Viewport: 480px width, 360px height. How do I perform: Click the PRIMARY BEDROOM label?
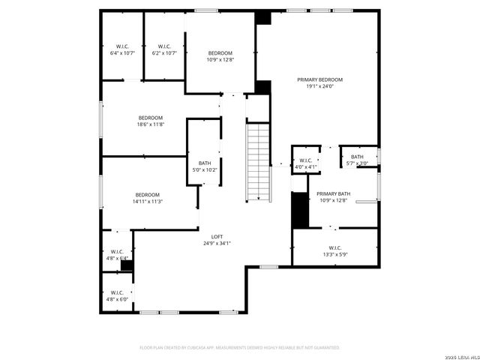[x=319, y=79]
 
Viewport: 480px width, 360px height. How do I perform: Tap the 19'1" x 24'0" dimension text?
[x=319, y=86]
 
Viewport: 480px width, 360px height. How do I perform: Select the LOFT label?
[x=217, y=237]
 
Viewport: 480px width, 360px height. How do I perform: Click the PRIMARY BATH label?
[x=334, y=193]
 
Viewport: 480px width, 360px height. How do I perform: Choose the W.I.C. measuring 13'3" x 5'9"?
[x=334, y=250]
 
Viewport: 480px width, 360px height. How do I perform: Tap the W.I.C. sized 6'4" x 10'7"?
[x=122, y=49]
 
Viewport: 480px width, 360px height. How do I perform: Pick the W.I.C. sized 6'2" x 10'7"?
[x=164, y=49]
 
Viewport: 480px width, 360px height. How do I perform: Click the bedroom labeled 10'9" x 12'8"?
[x=220, y=55]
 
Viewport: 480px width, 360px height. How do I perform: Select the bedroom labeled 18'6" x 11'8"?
[x=150, y=121]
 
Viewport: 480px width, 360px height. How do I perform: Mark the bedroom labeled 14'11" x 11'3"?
[x=148, y=198]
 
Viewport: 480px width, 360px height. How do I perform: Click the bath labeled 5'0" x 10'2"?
[x=205, y=166]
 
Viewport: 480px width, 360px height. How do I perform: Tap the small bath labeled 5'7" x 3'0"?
[x=357, y=160]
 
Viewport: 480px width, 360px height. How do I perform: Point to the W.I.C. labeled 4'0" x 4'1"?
[x=306, y=163]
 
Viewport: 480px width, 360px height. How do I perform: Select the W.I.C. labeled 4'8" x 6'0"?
[x=117, y=295]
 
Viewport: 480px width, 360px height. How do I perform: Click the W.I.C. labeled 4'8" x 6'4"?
[x=117, y=255]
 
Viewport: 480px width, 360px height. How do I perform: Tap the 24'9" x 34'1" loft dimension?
[x=217, y=243]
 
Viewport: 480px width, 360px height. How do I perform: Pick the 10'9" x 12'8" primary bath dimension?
[x=334, y=200]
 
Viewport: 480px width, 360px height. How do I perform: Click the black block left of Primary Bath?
[x=300, y=209]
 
